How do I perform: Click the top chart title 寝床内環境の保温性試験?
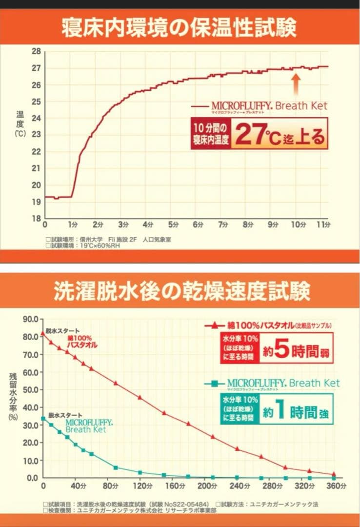click(180, 28)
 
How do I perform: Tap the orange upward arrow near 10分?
click(296, 83)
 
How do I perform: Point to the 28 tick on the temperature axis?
click(36, 51)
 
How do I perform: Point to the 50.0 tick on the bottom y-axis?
click(30, 390)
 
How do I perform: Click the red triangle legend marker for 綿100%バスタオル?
click(214, 325)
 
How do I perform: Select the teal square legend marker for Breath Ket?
click(214, 384)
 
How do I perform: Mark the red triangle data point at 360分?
click(334, 474)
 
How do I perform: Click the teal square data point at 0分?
click(43, 418)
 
